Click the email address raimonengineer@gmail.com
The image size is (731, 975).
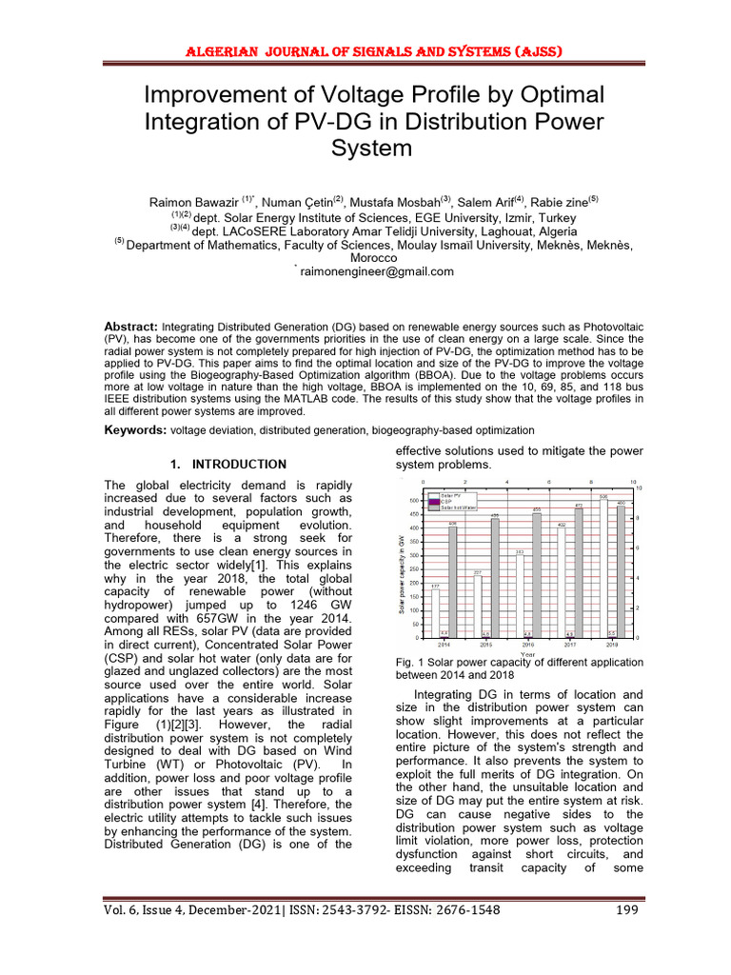(x=377, y=271)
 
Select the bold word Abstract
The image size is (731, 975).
(x=130, y=327)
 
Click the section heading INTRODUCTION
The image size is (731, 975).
(x=239, y=465)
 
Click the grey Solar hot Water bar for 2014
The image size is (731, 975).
(x=453, y=581)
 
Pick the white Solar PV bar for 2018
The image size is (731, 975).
(x=603, y=567)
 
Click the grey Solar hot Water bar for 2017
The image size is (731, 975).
(x=578, y=571)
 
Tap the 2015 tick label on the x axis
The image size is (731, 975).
(x=485, y=645)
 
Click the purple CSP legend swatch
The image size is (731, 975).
(x=434, y=502)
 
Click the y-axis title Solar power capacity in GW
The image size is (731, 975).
(x=402, y=571)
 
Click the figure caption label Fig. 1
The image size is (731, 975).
(x=407, y=662)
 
